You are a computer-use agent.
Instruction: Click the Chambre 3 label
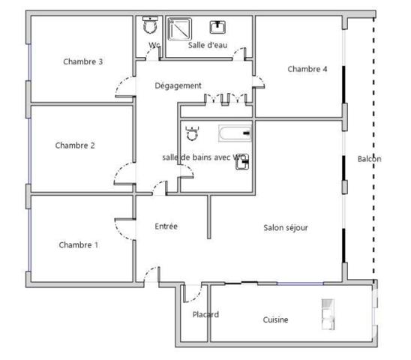tap(83, 61)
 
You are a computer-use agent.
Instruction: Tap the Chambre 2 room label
tap(75, 145)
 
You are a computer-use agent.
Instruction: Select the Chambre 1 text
tap(79, 244)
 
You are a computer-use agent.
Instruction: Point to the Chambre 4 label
tap(307, 69)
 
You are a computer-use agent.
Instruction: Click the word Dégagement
tap(178, 85)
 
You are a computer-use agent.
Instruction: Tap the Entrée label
tap(166, 226)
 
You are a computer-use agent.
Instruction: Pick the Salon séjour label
tap(286, 227)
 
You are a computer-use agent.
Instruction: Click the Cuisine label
tap(275, 319)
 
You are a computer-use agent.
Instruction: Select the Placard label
tap(205, 314)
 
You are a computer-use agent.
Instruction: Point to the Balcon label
tap(369, 159)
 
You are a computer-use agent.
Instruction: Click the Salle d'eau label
tap(208, 45)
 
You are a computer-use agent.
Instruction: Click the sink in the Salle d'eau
tap(218, 26)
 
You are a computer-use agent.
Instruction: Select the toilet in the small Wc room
tap(149, 25)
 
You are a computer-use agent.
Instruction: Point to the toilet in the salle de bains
tap(191, 134)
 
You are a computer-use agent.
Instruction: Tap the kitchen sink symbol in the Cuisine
tap(328, 314)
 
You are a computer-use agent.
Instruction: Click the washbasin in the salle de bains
tap(242, 162)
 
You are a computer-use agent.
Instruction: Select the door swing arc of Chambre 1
tap(123, 229)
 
